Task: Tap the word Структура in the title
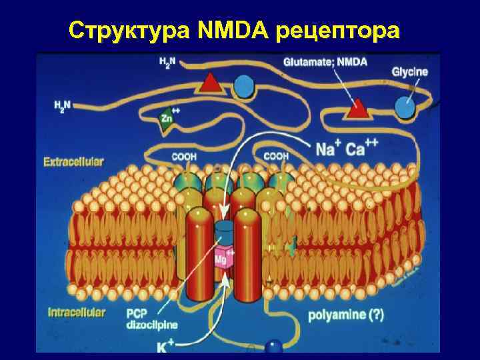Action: tap(130, 30)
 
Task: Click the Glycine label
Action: tap(409, 72)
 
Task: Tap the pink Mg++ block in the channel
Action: tap(224, 259)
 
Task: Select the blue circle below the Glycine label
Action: tap(404, 105)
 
